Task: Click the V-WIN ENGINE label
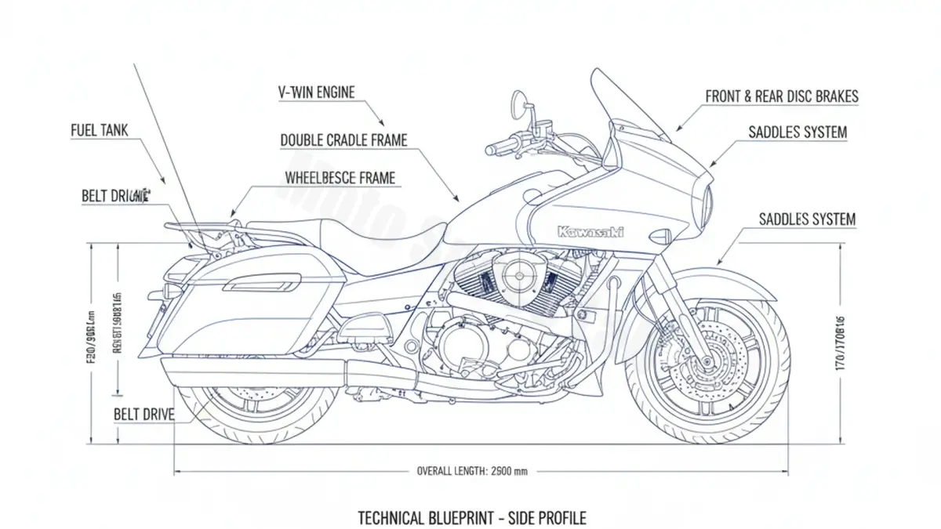pyautogui.click(x=317, y=92)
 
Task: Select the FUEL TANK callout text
pyautogui.click(x=99, y=131)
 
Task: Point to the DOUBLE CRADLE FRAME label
pyautogui.click(x=343, y=140)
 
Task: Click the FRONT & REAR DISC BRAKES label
pyautogui.click(x=782, y=96)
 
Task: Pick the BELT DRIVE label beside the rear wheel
pyautogui.click(x=144, y=413)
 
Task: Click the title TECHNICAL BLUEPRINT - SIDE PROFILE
pyautogui.click(x=471, y=517)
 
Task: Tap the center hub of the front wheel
pyautogui.click(x=707, y=362)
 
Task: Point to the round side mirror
pyautogui.click(x=521, y=103)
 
